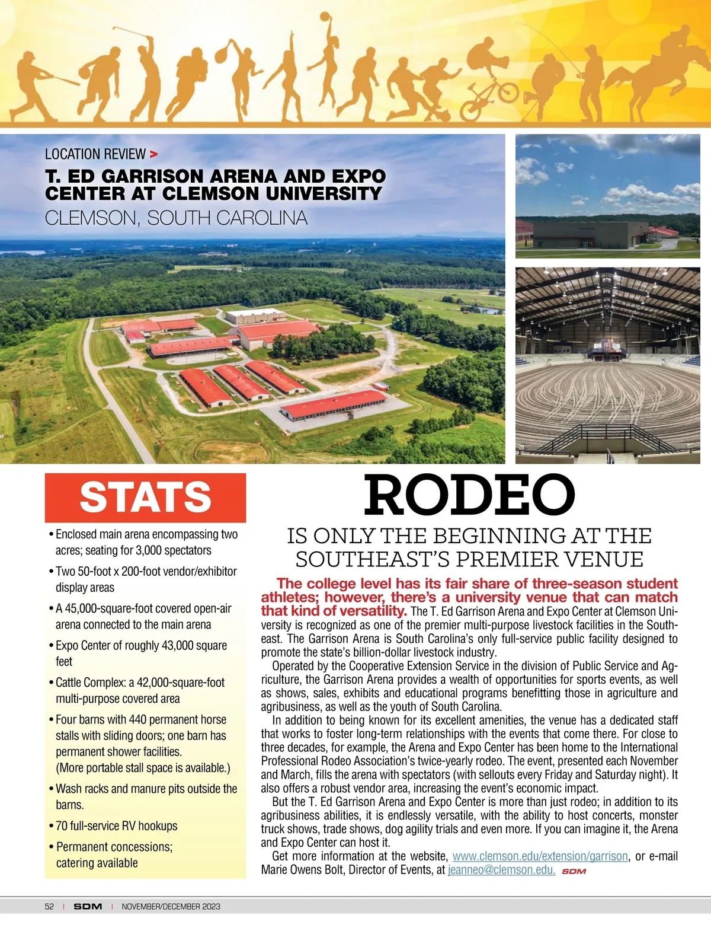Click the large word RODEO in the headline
point(469,496)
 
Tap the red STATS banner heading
point(145,497)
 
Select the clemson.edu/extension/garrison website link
point(540,856)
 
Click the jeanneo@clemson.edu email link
point(501,870)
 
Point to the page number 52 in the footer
point(49,906)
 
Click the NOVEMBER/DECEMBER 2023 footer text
point(171,906)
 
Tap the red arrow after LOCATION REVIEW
point(154,155)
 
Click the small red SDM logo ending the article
point(574,871)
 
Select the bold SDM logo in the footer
point(88,906)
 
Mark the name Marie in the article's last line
point(276,870)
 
